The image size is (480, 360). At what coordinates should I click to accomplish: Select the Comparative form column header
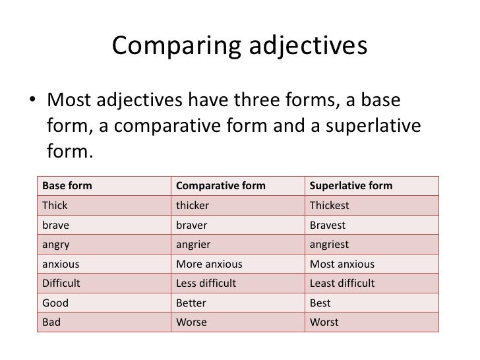(220, 186)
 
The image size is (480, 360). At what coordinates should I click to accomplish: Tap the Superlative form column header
(351, 186)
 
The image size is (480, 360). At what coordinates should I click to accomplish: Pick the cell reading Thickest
(329, 206)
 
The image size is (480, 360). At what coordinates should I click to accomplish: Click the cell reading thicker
(193, 206)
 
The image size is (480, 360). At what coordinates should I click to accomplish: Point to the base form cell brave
(55, 225)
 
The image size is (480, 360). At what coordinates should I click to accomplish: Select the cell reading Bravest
(328, 225)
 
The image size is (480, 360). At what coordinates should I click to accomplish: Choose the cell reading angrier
(193, 245)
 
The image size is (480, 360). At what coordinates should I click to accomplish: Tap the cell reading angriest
(329, 245)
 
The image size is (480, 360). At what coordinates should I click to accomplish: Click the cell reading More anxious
(209, 264)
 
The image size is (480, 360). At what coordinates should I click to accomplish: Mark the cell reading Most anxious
(342, 264)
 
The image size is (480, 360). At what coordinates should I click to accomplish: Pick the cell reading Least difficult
(342, 284)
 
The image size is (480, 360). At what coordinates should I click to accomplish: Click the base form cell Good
(55, 303)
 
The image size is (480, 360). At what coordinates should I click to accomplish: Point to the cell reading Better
(191, 303)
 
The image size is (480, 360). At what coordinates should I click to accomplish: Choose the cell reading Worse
(191, 323)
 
